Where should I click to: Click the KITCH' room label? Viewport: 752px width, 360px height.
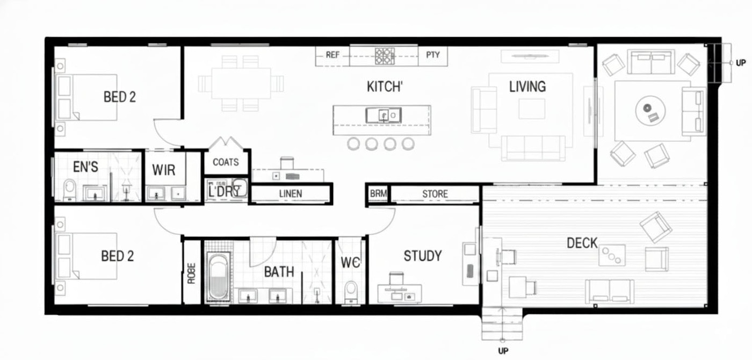(x=385, y=87)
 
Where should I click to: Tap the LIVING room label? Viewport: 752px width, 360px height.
(x=527, y=87)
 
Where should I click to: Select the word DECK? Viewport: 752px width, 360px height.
(x=582, y=243)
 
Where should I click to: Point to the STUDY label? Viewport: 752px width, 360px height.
(x=423, y=256)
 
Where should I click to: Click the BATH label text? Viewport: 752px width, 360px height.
(x=279, y=272)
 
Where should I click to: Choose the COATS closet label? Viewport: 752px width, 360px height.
(x=226, y=162)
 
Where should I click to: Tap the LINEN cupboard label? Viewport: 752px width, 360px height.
(x=291, y=194)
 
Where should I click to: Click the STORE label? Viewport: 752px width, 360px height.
(x=435, y=194)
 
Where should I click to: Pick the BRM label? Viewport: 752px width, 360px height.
(x=378, y=193)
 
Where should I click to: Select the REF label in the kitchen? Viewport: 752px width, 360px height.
(x=332, y=55)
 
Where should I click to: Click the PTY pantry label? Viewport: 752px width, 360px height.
(x=433, y=55)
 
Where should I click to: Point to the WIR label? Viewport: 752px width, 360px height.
(x=163, y=170)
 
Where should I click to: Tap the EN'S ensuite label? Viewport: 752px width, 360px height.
(x=85, y=167)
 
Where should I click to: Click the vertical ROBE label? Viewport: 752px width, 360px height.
(x=191, y=273)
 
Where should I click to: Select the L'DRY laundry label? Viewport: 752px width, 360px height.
(x=224, y=191)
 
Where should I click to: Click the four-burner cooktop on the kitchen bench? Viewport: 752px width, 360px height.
(x=385, y=56)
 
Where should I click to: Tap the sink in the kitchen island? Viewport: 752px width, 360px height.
(x=384, y=116)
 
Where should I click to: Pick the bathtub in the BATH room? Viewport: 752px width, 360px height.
(x=219, y=276)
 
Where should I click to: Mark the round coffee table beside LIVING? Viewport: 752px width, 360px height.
(x=650, y=111)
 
